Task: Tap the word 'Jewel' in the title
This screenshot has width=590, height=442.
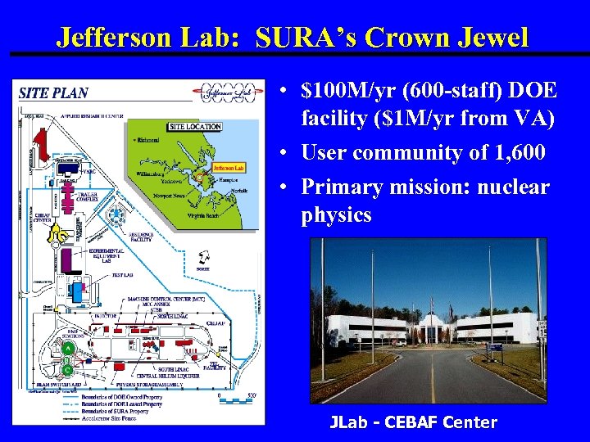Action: coord(494,38)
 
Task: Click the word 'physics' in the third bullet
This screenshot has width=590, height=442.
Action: coord(336,215)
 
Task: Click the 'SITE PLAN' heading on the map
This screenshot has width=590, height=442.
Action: coord(53,93)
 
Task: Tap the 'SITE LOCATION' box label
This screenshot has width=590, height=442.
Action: coord(194,127)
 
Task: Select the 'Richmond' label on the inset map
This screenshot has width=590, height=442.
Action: coord(147,142)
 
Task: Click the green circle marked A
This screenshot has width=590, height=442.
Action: coord(69,348)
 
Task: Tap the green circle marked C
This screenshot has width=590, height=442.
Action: coord(68,369)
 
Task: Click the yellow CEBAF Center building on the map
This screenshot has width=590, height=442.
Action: coord(57,236)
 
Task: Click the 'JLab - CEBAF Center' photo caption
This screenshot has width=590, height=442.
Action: coord(413,422)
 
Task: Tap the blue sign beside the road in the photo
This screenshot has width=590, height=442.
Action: coord(493,348)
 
